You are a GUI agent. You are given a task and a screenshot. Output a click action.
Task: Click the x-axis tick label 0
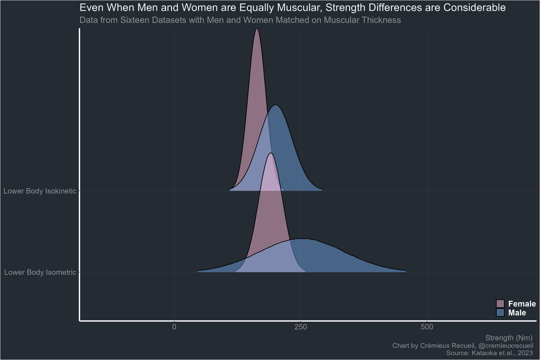pos(174,327)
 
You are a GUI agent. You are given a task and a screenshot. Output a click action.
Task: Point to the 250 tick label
pos(301,327)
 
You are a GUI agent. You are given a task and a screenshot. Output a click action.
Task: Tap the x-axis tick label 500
pos(427,327)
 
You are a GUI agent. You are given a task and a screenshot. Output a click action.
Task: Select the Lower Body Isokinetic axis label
pos(40,191)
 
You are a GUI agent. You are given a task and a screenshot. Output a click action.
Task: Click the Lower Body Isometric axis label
pos(40,272)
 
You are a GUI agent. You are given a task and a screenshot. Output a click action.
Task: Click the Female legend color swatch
pos(500,304)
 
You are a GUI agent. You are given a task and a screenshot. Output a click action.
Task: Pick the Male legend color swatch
pos(500,312)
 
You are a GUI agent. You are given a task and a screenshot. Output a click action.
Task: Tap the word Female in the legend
pos(522,304)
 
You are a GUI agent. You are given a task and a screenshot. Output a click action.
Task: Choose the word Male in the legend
pos(517,312)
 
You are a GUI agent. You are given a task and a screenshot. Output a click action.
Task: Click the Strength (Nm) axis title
pos(509,337)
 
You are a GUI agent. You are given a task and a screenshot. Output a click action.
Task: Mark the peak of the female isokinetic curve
pos(256,29)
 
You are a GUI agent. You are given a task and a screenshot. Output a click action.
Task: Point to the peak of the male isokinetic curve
pos(276,105)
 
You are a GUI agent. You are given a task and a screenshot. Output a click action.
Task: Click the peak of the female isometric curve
pos(270,153)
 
